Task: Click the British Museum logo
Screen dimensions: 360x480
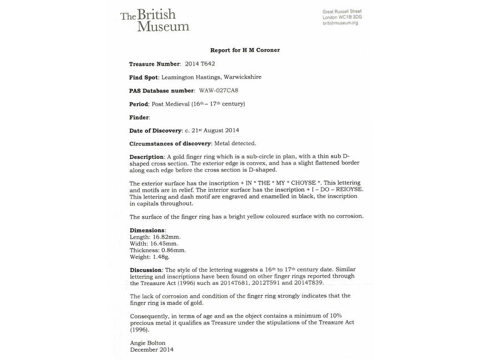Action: coord(155,20)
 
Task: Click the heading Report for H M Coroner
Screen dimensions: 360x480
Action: coord(245,50)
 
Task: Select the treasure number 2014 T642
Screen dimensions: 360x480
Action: coord(200,64)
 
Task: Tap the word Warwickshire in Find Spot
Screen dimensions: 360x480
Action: coord(242,77)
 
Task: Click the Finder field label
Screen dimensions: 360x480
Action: coord(139,117)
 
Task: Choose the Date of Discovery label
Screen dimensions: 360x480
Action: coord(155,131)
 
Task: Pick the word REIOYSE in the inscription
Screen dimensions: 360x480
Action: coord(348,189)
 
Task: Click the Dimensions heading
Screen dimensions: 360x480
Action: coord(147,230)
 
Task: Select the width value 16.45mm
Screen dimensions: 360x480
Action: coord(163,244)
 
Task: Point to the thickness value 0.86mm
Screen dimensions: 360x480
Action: coord(170,250)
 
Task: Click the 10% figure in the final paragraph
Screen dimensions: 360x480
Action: coord(328,315)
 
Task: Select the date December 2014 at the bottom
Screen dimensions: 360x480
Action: coord(152,350)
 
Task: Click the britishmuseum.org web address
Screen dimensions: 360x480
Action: coord(340,23)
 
